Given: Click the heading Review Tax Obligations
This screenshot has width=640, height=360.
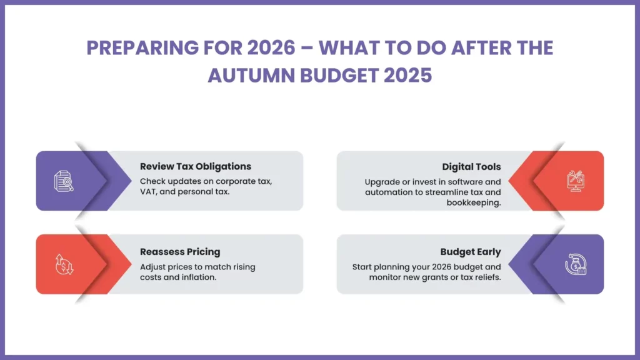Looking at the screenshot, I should coord(196,166).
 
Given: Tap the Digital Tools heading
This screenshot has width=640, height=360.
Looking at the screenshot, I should coord(471,167).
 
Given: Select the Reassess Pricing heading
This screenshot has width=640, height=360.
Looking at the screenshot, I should coord(180,252).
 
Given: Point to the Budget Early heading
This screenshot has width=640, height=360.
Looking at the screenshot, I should coord(471,252).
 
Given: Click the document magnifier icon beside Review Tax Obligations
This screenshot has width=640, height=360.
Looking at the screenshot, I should coord(63,181).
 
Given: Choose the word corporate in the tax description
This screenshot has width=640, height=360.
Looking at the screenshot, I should coord(226,182).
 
